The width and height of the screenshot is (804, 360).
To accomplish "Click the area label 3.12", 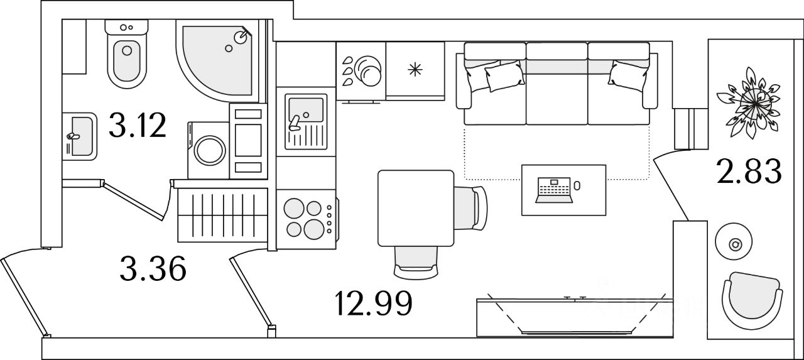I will click(x=137, y=125).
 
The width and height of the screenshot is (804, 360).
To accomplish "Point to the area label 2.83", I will click(x=749, y=172).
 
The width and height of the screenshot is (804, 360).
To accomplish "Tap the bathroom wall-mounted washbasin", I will click(x=80, y=135).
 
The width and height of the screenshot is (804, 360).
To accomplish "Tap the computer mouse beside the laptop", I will click(x=577, y=186).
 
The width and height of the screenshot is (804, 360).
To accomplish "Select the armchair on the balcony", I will click(x=751, y=300).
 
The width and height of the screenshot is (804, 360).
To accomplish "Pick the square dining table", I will click(x=415, y=208).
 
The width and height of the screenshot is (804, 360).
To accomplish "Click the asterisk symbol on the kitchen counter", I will click(x=415, y=70).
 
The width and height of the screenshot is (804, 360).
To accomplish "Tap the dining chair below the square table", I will click(x=415, y=261).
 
